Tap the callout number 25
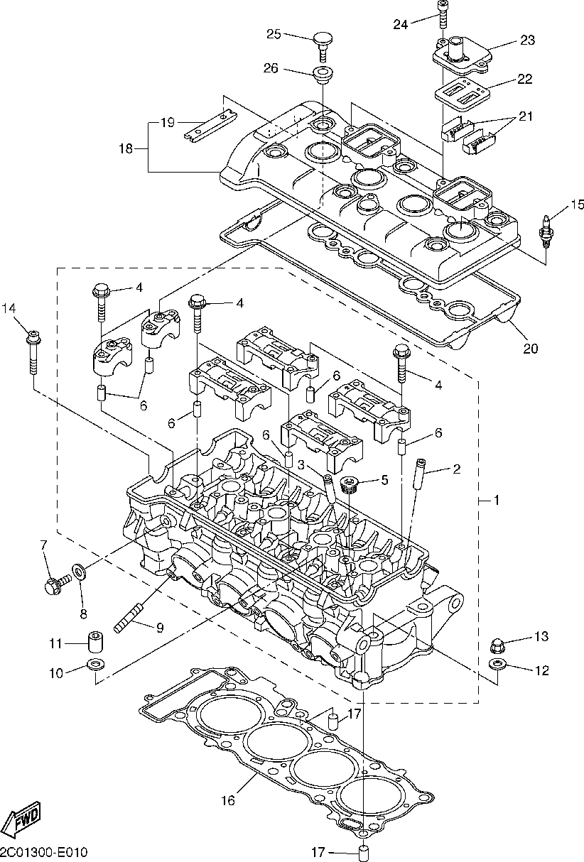[x=274, y=33]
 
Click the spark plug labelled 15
[x=546, y=230]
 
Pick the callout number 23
[x=526, y=40]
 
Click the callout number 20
[x=531, y=349]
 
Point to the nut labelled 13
[x=498, y=645]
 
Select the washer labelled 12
[x=497, y=665]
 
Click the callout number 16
[x=227, y=800]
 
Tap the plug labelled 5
[x=349, y=485]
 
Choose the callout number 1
[x=497, y=501]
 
